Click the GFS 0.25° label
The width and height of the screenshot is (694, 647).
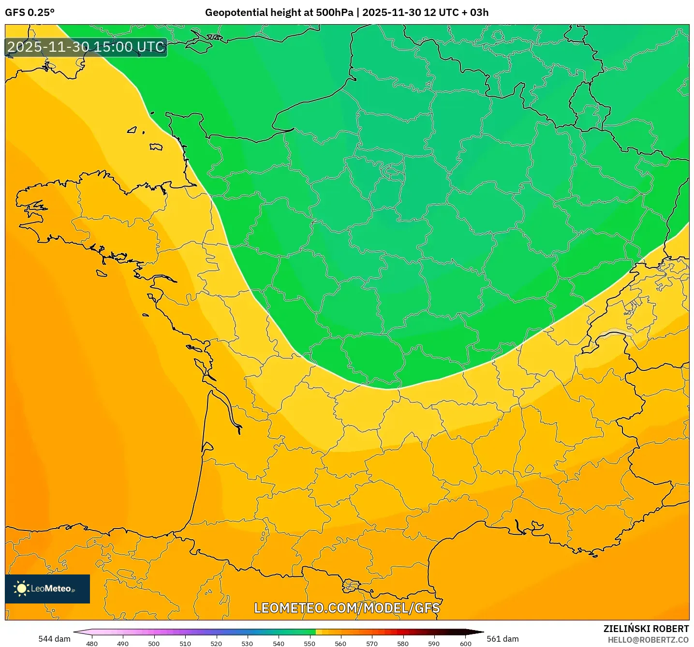(x=30, y=13)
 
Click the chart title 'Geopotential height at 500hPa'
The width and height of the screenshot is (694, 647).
(x=279, y=13)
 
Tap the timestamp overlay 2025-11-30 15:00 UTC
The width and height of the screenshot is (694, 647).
(x=86, y=47)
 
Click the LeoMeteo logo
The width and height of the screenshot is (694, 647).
(x=47, y=588)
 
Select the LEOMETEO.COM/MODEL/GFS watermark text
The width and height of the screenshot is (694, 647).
(x=347, y=608)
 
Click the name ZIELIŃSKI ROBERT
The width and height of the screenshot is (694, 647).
(x=646, y=629)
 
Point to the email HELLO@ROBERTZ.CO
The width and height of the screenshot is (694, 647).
(x=648, y=640)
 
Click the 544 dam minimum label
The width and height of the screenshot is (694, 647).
(x=54, y=639)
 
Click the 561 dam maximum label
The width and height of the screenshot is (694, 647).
(x=502, y=639)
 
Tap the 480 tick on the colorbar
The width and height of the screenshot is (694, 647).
(x=91, y=643)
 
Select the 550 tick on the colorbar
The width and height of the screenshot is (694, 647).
(x=310, y=643)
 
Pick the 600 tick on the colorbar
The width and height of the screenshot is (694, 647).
(x=465, y=643)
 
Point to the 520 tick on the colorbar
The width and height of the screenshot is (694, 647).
(x=216, y=643)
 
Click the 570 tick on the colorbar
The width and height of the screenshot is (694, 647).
(x=372, y=643)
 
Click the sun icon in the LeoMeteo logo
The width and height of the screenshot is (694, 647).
(x=21, y=588)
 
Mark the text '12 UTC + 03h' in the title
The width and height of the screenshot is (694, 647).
(x=456, y=13)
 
